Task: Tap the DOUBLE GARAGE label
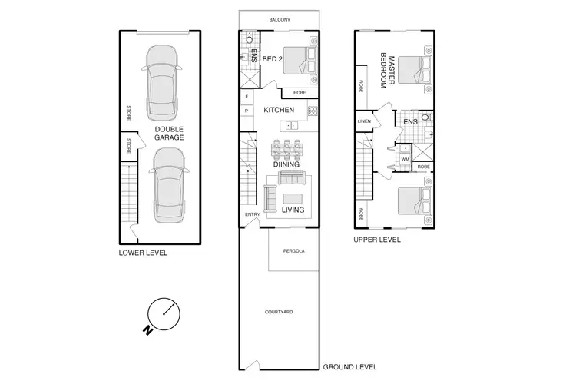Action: point(167,134)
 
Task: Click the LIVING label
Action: point(293,210)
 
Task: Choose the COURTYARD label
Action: point(279,312)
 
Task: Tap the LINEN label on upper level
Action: point(364,122)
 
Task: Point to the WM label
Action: point(405,160)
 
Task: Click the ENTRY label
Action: point(252,215)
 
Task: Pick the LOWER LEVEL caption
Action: point(143,253)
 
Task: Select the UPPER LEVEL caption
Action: point(377,240)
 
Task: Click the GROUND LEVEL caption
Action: point(350,367)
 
